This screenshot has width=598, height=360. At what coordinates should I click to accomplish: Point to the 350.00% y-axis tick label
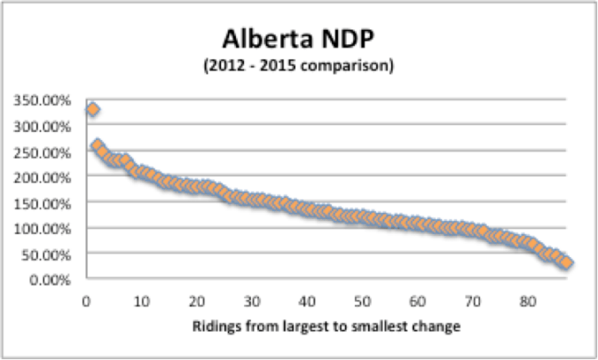pyautogui.click(x=43, y=99)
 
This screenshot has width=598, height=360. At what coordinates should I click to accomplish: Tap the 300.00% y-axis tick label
pyautogui.click(x=43, y=125)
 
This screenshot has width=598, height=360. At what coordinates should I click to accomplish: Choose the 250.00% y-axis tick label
pyautogui.click(x=43, y=151)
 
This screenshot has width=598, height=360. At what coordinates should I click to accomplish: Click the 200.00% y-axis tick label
pyautogui.click(x=43, y=176)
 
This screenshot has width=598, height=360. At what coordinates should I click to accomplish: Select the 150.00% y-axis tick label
pyautogui.click(x=43, y=202)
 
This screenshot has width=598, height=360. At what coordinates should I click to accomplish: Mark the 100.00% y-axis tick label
pyautogui.click(x=43, y=228)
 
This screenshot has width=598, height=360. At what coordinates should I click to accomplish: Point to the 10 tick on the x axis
pyautogui.click(x=141, y=299)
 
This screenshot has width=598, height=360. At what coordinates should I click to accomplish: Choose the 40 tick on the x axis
pyautogui.click(x=307, y=299)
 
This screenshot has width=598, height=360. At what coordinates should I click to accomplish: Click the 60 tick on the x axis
pyautogui.click(x=418, y=299)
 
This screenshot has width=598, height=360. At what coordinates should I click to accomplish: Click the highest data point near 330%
pyautogui.click(x=92, y=109)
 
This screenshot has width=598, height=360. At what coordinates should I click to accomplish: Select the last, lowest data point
pyautogui.click(x=567, y=262)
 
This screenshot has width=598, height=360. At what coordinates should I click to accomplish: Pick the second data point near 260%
pyautogui.click(x=98, y=145)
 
